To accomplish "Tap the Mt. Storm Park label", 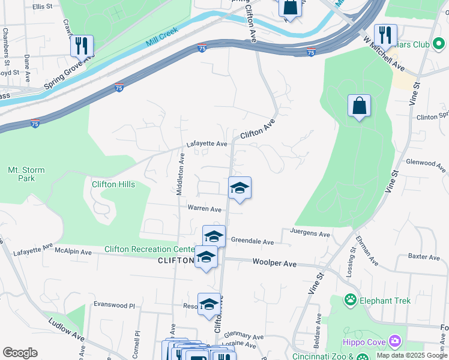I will click(x=26, y=174).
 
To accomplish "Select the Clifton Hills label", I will click(x=113, y=184).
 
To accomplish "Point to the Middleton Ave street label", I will click(x=180, y=173).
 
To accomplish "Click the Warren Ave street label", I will click(x=205, y=209).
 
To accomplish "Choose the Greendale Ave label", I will click(x=252, y=242).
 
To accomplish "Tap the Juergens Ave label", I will click(x=310, y=234).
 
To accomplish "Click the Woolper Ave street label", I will click(x=274, y=263).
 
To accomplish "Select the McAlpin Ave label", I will click(x=73, y=253).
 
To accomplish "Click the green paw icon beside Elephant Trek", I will click(x=351, y=299).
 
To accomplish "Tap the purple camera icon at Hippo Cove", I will click(x=394, y=341).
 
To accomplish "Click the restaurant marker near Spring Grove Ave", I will click(x=82, y=46).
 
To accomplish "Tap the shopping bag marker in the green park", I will click(x=359, y=106).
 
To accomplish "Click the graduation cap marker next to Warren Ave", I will click(x=240, y=188).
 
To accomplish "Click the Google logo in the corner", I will click(x=20, y=353).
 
